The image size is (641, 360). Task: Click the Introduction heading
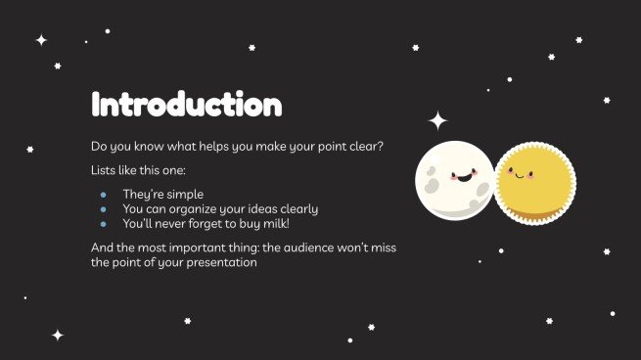[186, 104]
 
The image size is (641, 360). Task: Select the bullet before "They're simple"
[103, 194]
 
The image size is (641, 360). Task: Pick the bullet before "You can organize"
[103, 208]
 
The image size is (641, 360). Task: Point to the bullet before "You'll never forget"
[103, 223]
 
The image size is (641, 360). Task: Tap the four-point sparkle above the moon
[438, 121]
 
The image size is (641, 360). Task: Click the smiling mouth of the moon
[459, 182]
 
